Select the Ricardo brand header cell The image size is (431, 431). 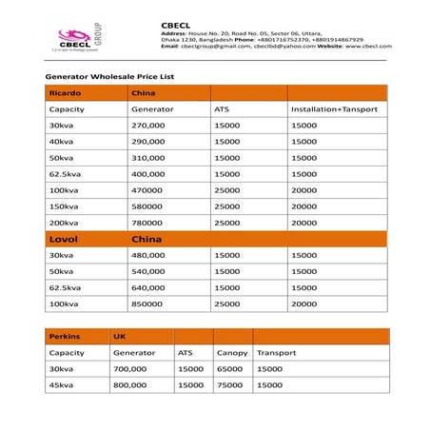coord(64,93)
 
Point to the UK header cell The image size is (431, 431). coord(120,336)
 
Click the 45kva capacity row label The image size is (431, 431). coord(60,384)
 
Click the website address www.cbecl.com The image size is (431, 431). coord(366,46)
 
